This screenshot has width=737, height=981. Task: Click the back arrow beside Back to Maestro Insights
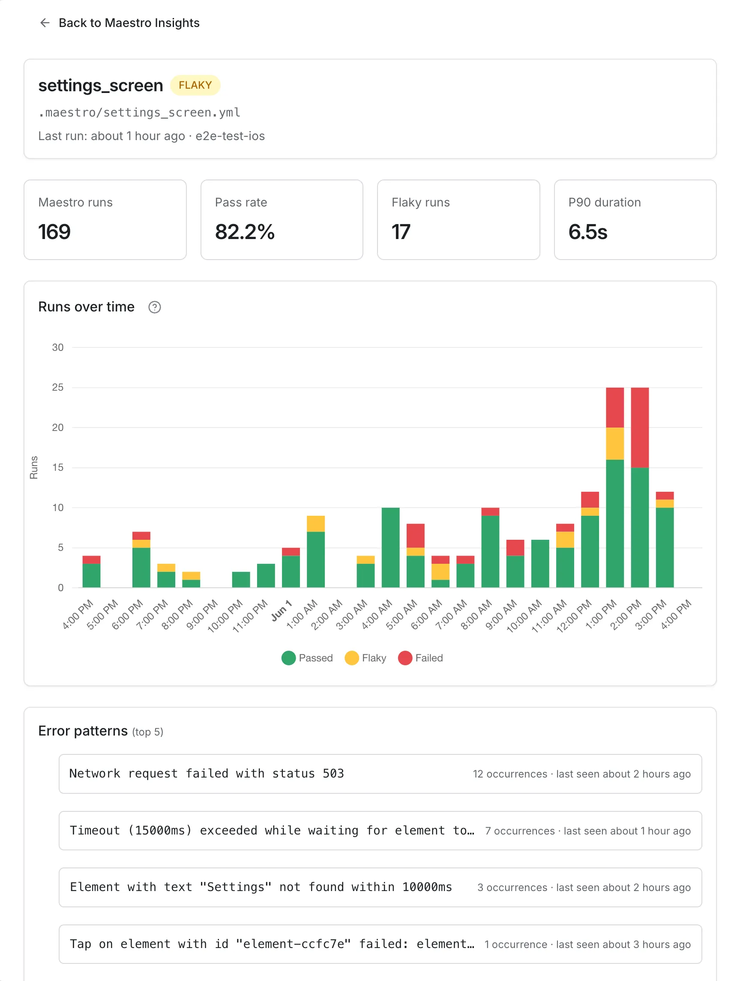click(x=45, y=23)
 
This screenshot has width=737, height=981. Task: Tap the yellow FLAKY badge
click(x=195, y=85)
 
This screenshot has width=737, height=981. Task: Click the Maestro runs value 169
click(x=54, y=232)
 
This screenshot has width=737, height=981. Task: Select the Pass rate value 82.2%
click(x=245, y=232)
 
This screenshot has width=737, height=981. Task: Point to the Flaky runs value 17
click(x=401, y=232)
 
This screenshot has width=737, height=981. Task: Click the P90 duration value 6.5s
click(x=588, y=232)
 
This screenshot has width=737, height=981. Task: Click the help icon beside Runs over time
click(x=154, y=307)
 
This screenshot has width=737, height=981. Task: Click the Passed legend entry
click(x=307, y=658)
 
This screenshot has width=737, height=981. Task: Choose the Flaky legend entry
click(x=366, y=658)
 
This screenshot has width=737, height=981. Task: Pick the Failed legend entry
click(x=421, y=658)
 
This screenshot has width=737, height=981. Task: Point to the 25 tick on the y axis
click(x=58, y=387)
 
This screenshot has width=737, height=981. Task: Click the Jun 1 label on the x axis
click(x=282, y=611)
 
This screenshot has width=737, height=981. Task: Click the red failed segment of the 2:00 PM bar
click(x=640, y=428)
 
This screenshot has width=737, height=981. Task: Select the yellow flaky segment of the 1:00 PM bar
click(x=615, y=443)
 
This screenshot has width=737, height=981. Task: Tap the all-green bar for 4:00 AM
click(x=390, y=547)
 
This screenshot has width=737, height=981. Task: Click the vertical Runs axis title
click(x=34, y=467)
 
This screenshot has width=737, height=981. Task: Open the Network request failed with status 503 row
click(x=380, y=774)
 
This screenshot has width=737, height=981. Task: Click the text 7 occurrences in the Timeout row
click(x=520, y=831)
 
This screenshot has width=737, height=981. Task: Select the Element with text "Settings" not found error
click(x=261, y=887)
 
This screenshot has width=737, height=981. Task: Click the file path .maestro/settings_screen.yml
click(x=139, y=113)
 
